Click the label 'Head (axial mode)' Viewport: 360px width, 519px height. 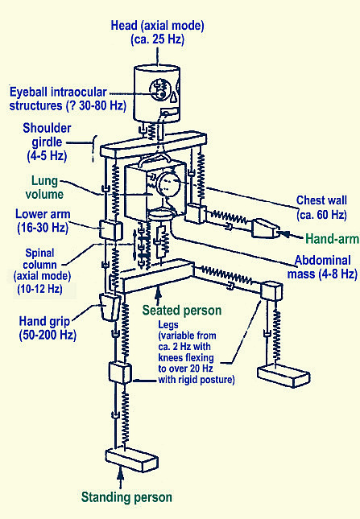click(157, 26)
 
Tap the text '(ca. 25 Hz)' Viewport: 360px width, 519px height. click(157, 39)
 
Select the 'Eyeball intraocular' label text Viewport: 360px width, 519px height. click(58, 92)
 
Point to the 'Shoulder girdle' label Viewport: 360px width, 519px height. click(47, 135)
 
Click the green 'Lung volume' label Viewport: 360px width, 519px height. click(44, 187)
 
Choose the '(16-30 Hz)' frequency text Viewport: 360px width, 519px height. click(43, 228)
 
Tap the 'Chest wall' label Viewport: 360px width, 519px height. click(321, 200)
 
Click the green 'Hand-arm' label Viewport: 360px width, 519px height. click(332, 239)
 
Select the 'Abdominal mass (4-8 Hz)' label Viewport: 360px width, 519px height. click(322, 267)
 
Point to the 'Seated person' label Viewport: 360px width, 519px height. click(182, 311)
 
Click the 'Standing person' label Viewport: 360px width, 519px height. click(126, 497)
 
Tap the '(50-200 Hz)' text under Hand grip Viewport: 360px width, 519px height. click(48, 335)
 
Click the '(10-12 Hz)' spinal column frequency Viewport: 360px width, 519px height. click(39, 289)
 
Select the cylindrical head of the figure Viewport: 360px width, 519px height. click(157, 94)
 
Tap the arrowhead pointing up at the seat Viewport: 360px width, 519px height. click(159, 291)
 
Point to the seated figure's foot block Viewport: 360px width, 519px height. click(283, 376)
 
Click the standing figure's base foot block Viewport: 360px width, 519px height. click(131, 459)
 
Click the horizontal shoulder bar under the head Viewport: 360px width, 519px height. click(154, 144)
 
